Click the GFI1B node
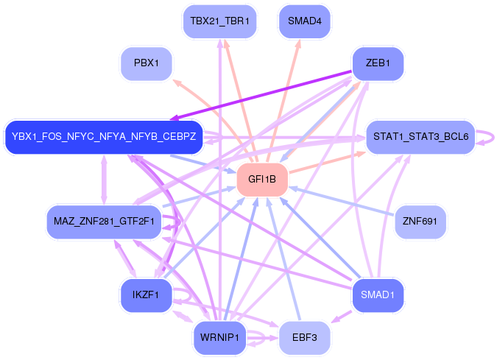[x=261, y=180]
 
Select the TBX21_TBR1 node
[x=219, y=21]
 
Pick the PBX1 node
[x=147, y=63]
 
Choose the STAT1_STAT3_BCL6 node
[x=420, y=137]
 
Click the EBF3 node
[x=304, y=337]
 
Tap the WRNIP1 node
[x=219, y=337]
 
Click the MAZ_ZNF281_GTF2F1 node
[x=104, y=221]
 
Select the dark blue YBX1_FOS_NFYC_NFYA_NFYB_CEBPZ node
[x=104, y=137]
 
